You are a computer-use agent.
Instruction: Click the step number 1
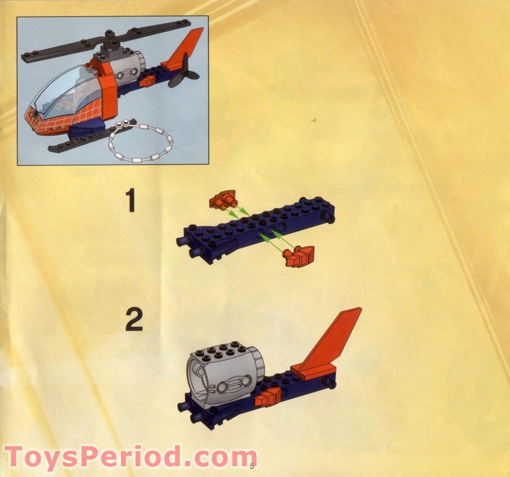(x=130, y=201)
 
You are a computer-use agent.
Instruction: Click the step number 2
(x=133, y=319)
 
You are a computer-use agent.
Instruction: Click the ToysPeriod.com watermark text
(x=130, y=457)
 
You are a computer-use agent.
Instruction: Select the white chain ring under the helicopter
(x=141, y=143)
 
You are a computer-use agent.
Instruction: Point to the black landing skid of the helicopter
(x=76, y=143)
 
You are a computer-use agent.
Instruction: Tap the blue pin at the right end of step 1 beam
(x=330, y=220)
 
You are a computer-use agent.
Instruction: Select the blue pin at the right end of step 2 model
(x=330, y=383)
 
